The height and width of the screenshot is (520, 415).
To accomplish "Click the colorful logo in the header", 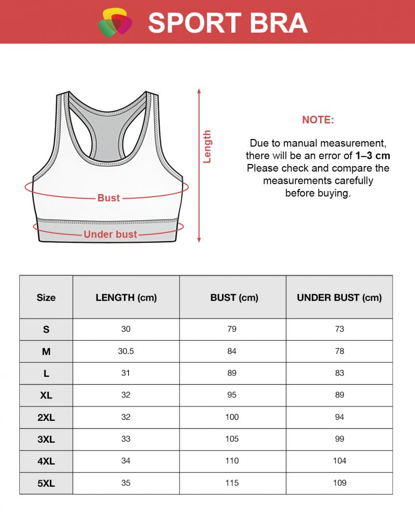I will pos(115,22).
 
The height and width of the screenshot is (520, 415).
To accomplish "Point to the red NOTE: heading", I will pos(318,120).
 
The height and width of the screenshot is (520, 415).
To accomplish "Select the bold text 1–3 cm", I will pos(372,156).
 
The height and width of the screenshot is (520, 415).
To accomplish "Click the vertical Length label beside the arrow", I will pos(208,146).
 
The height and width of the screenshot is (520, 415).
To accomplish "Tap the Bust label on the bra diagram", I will pos(108,198).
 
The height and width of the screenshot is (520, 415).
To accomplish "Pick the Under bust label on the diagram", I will pos(110,235).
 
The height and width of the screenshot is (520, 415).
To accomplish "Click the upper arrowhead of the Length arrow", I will pos(199,91).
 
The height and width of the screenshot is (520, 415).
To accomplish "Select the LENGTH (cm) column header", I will pos(126,297).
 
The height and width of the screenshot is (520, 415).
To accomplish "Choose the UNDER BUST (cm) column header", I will pos(339,297).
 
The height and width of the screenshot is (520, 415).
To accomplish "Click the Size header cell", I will pos(46,297).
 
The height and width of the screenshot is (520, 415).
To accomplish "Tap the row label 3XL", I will pos(46,439).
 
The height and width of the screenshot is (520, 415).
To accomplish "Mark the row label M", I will pos(46,351).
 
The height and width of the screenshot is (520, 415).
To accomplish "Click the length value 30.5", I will pos(126,351).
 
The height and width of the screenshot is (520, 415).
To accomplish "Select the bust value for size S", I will pos(232,329).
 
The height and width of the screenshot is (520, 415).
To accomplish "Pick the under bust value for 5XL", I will pos(339,483).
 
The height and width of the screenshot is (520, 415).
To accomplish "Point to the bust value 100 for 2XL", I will pos(232,417).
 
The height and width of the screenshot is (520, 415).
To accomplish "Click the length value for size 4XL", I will pos(126,461).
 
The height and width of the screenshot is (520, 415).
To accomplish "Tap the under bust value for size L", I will pos(339,373).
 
